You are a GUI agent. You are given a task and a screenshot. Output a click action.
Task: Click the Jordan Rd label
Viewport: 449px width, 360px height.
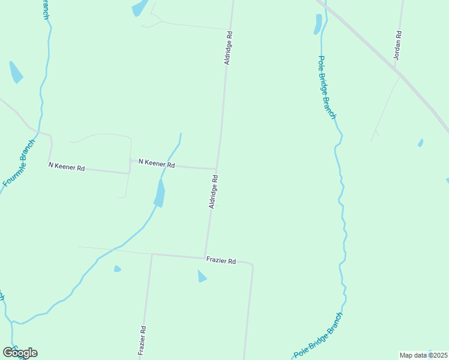coord(397,46)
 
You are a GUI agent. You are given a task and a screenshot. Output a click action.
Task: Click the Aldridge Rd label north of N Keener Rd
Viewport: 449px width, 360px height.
coord(228,48)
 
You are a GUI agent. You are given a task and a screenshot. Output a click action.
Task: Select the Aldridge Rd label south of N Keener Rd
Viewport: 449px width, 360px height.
coord(213,192)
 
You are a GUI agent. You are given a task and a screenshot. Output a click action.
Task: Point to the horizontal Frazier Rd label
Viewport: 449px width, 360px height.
coord(221,260)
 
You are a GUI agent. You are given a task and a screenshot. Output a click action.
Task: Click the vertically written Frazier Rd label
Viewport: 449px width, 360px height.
coord(142,341)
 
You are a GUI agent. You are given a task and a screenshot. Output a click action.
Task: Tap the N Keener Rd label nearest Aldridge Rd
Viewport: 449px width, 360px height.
coord(156,163)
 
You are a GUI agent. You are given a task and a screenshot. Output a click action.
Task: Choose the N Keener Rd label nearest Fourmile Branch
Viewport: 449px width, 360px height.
coord(67,166)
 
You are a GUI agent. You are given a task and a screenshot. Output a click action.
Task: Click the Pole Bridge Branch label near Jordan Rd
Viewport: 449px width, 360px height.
coord(327,88)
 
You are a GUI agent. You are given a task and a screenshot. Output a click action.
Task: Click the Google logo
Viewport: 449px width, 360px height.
coord(20,353)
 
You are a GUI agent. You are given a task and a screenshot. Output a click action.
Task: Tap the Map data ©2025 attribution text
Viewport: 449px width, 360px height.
coord(424,355)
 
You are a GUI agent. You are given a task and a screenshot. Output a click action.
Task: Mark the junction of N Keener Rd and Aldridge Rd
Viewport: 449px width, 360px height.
coord(216,169)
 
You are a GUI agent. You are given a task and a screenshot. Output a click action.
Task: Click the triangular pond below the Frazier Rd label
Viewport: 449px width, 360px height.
coord(202,276)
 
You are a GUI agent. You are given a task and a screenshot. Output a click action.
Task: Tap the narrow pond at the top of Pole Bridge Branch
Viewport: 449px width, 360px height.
coord(318,24)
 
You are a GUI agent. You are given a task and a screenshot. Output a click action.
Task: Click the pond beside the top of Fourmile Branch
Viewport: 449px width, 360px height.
coord(16,72)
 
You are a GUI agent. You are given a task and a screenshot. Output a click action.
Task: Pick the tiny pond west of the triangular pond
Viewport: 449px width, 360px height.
coord(117,269)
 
